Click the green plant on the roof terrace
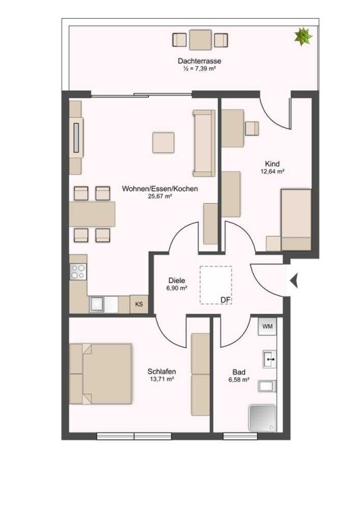coord(303,36)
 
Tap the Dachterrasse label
coord(199,61)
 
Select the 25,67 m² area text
coord(159,196)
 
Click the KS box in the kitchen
coord(139,305)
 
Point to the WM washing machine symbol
coord(267,326)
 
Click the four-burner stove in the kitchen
coord(78,272)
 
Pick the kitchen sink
coord(104,305)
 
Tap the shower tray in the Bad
coord(262,418)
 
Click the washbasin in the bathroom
coord(269,359)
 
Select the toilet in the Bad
coord(267,386)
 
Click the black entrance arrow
coord(294,280)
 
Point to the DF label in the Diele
coord(225,300)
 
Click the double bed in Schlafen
coord(101,374)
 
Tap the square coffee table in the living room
coord(164,142)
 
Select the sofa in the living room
coord(204,143)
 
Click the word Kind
coord(272,164)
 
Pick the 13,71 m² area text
coord(161,379)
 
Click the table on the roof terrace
coord(201,40)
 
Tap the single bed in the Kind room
coord(296,220)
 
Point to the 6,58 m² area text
coord(239,379)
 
